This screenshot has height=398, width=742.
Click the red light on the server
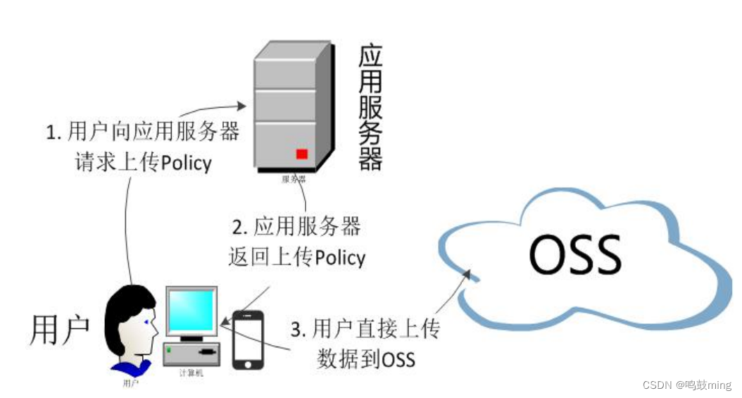tap(302, 154)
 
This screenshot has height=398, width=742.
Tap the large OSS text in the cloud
tap(575, 254)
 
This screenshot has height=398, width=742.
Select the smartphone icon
tap(248, 340)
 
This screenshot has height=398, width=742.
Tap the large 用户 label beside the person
tap(60, 330)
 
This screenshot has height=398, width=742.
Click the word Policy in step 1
tap(186, 163)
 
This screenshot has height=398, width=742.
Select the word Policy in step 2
tap(340, 258)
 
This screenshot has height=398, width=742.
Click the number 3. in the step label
tap(298, 329)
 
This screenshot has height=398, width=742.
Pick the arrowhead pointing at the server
tap(241, 106)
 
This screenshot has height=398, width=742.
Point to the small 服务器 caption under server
tap(294, 179)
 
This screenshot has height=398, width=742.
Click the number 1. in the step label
tap(54, 132)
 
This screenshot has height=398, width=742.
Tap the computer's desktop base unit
tap(191, 352)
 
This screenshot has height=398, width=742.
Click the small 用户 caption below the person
tap(130, 383)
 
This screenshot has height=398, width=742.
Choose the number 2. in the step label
tap(240, 227)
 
